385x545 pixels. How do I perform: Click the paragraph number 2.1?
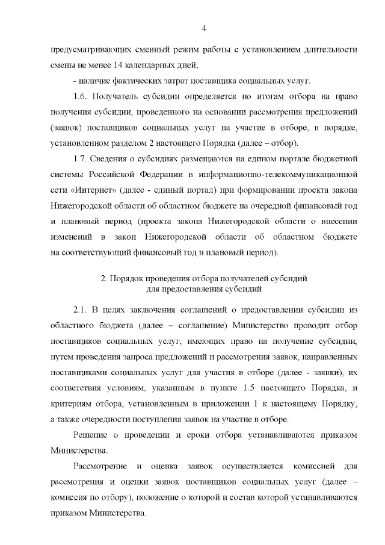point(81,310)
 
